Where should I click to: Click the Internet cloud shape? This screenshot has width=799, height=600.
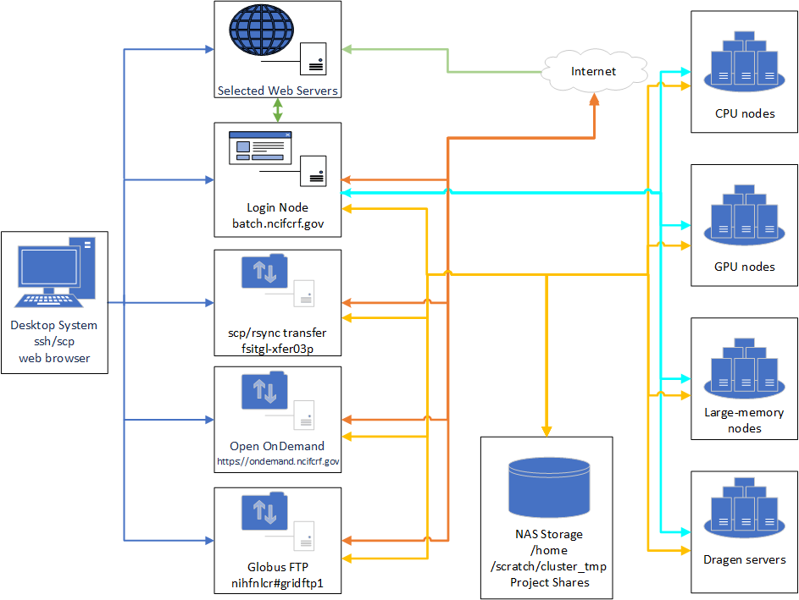(593, 71)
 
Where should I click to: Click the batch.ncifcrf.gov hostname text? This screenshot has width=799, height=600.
(277, 224)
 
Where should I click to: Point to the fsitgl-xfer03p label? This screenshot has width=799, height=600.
(277, 349)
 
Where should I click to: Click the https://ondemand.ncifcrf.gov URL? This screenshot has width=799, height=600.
(278, 462)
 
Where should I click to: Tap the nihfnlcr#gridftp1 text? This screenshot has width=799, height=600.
(277, 583)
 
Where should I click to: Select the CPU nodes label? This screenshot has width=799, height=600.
(745, 113)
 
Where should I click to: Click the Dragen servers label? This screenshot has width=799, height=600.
(745, 559)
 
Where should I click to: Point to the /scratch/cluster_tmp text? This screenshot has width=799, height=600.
(548, 566)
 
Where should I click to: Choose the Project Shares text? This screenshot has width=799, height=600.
(548, 582)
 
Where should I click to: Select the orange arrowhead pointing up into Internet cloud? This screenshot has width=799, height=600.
(595, 98)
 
